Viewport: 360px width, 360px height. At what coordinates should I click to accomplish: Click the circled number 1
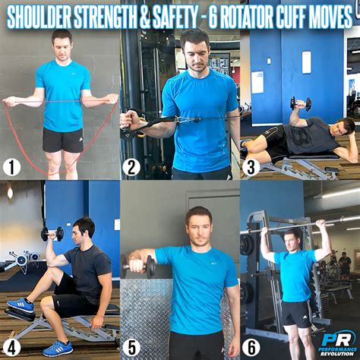11,165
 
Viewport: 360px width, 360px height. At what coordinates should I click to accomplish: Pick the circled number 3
251,166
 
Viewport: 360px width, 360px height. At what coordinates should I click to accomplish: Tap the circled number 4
11,345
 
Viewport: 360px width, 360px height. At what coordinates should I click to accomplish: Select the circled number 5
131,346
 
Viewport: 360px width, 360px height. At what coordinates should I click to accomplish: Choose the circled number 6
251,346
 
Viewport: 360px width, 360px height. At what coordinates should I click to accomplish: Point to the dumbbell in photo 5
137,266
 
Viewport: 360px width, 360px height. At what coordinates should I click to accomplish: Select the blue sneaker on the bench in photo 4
21,305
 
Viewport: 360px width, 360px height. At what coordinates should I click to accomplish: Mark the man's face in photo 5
199,227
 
